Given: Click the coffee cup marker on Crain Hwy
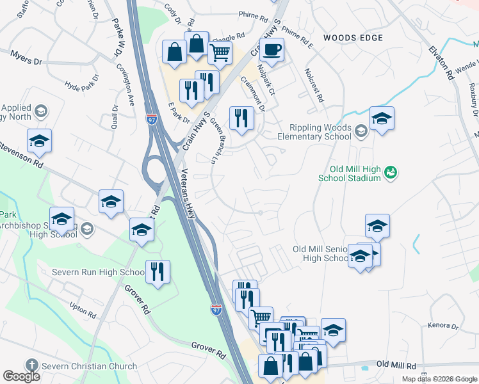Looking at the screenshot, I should (x=272, y=51).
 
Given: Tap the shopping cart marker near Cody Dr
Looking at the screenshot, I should (x=220, y=53).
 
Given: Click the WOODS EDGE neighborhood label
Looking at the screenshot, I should (x=353, y=38).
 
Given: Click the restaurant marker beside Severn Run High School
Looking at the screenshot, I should (x=157, y=272).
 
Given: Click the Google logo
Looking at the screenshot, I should (x=21, y=376).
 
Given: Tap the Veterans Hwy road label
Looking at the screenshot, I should (x=188, y=194).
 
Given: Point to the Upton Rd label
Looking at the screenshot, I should (x=83, y=310).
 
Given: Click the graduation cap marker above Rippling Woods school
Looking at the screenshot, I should (x=382, y=119).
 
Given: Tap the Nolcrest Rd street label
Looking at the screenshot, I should (x=314, y=86).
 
